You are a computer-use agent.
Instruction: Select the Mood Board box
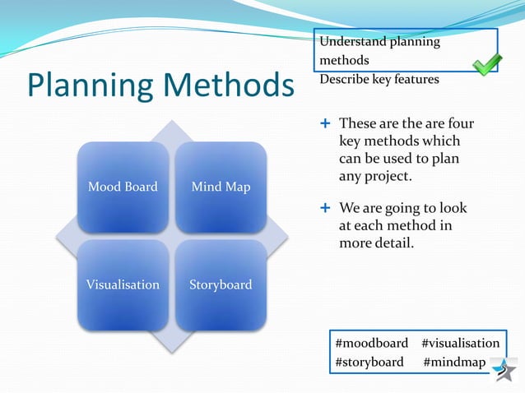[x=123, y=187]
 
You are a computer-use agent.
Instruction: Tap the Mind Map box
[x=221, y=187]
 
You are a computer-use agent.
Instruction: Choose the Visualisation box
[x=123, y=284]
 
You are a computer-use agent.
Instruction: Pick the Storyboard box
[x=221, y=284]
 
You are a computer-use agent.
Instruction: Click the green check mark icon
[x=487, y=64]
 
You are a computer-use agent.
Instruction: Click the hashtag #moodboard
[x=371, y=343]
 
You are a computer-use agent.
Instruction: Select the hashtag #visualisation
[x=460, y=343]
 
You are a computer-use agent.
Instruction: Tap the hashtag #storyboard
[x=369, y=362]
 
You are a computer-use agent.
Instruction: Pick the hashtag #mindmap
[x=454, y=362]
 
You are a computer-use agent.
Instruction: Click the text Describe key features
[x=379, y=80]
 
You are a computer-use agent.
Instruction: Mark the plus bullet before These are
[x=325, y=123]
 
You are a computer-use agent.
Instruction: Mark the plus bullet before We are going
[x=325, y=209]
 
